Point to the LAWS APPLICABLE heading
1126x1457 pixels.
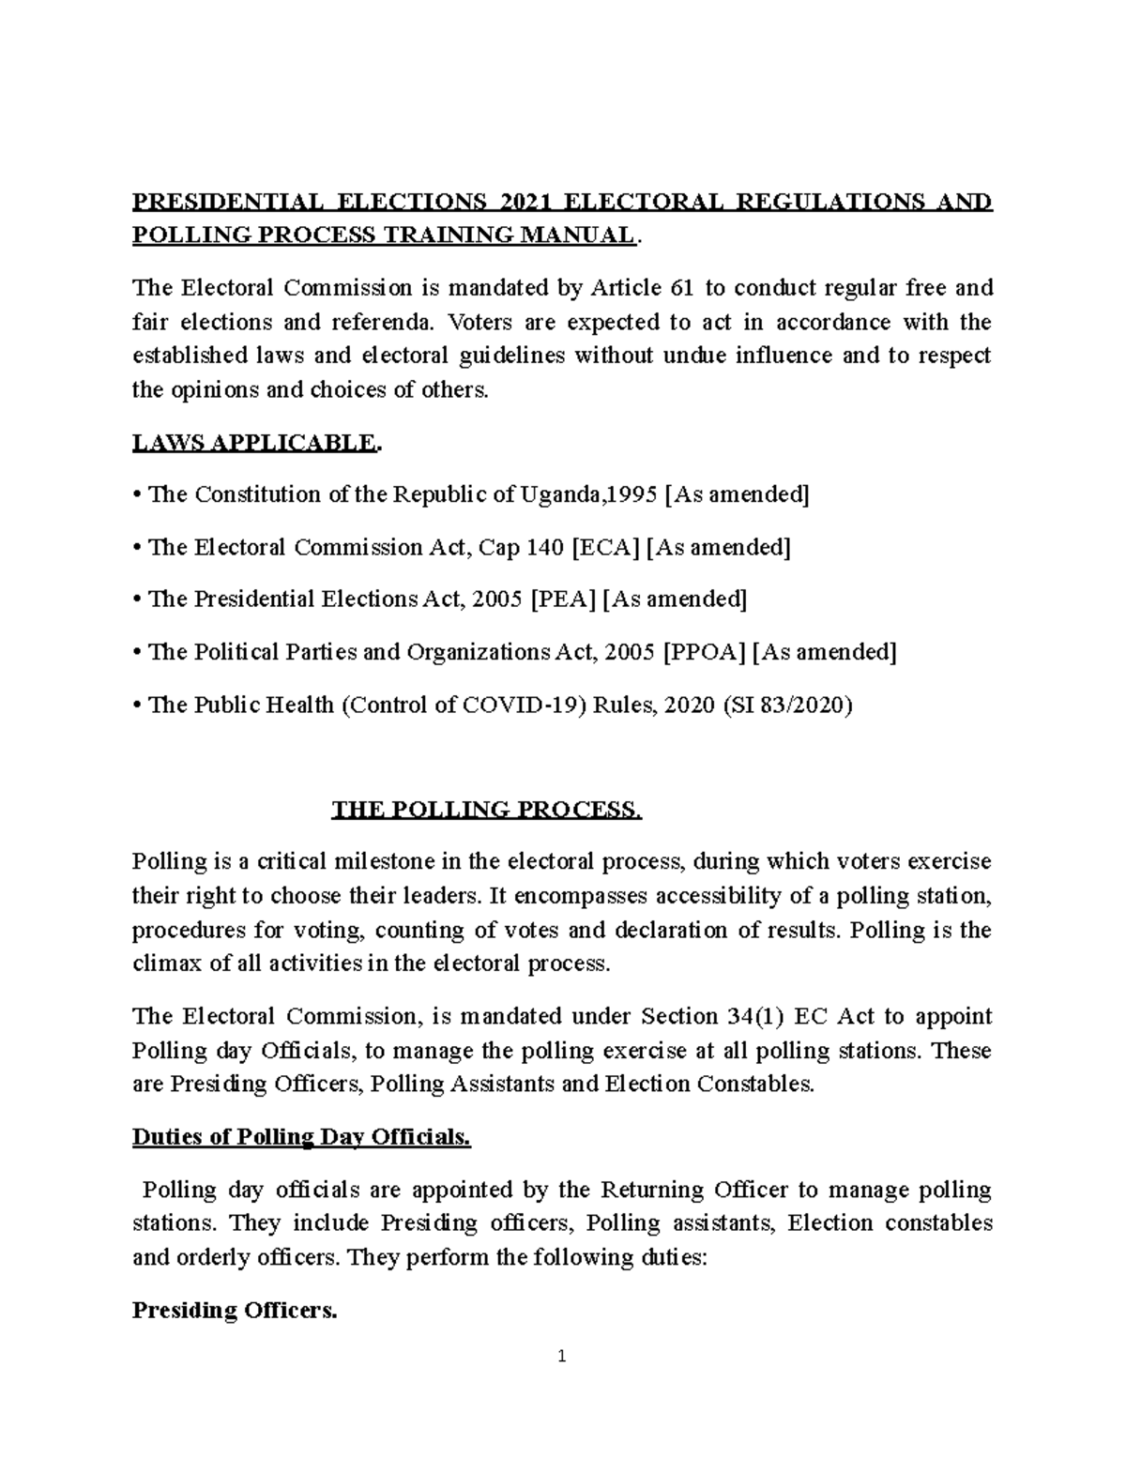click(256, 443)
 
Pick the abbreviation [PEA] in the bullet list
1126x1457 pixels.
click(563, 599)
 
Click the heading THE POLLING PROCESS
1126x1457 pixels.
click(487, 810)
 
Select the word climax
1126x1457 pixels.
click(164, 964)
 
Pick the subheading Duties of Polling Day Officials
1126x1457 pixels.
click(301, 1138)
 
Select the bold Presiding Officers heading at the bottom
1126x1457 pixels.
click(234, 1311)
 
